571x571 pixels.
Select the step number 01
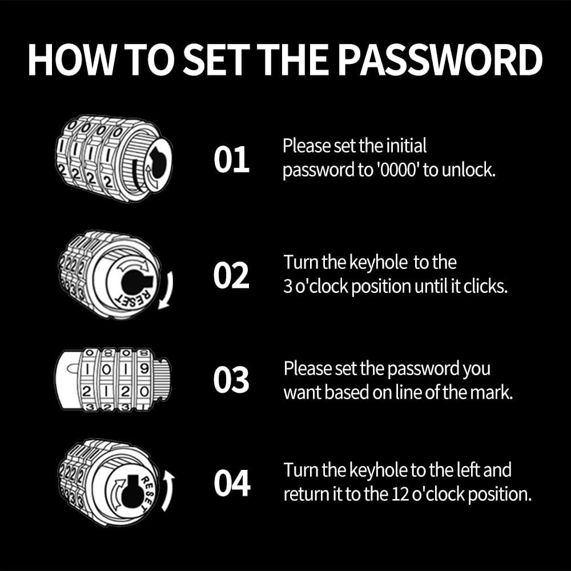[x=231, y=160]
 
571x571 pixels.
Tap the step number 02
[x=231, y=276]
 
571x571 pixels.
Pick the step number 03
[x=231, y=380]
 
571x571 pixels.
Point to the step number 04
[x=232, y=484]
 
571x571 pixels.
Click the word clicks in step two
[x=485, y=287]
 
